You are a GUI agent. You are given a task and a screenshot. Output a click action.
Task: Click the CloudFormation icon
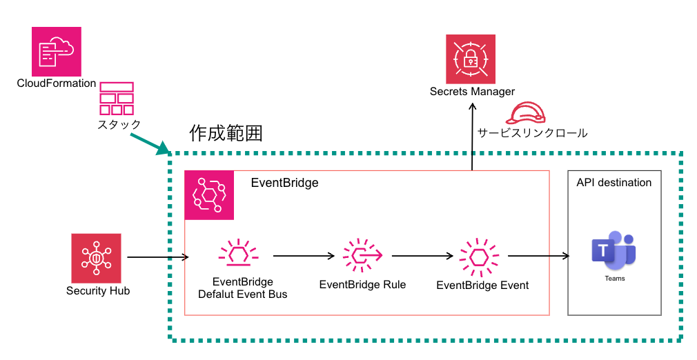[x=57, y=51]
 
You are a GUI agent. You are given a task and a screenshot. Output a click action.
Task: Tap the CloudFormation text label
[x=57, y=83]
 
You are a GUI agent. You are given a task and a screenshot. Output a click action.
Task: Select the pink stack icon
[x=116, y=99]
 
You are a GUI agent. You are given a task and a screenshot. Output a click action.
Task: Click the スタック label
[x=119, y=124]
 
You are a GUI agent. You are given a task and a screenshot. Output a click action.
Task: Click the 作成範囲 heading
[x=226, y=133]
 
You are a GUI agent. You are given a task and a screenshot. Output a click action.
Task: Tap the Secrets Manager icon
[x=472, y=58]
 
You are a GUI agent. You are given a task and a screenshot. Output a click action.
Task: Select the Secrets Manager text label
[x=472, y=92]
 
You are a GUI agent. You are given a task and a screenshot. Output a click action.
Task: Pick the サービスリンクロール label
[x=532, y=133]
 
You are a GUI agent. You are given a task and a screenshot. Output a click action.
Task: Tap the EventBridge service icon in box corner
[x=209, y=195]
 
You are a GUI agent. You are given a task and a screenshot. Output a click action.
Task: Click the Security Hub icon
[x=96, y=258]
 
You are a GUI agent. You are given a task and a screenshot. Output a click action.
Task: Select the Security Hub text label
[x=98, y=291]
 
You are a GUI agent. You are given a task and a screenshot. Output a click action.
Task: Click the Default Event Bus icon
[x=237, y=255]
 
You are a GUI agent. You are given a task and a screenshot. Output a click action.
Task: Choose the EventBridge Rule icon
[x=362, y=256]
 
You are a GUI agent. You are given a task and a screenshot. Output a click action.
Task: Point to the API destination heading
[x=614, y=183]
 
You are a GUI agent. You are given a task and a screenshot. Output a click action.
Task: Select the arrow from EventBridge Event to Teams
[x=538, y=256]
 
